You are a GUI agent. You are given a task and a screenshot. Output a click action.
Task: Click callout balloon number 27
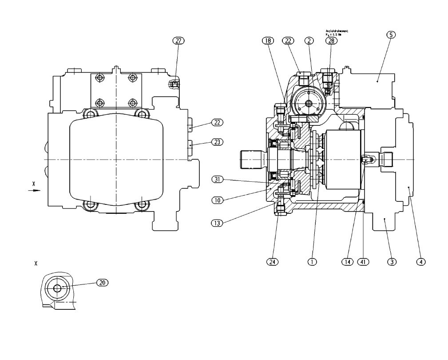pyautogui.click(x=178, y=40)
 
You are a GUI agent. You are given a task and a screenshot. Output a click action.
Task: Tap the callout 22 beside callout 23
pyautogui.click(x=217, y=122)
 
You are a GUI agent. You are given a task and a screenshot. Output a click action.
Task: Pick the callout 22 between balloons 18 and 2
pyautogui.click(x=288, y=40)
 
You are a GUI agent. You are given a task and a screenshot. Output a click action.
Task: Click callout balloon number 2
pyautogui.click(x=309, y=40)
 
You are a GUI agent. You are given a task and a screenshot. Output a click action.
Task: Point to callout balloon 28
pyautogui.click(x=331, y=40)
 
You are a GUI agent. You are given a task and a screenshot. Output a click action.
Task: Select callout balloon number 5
pyautogui.click(x=391, y=35)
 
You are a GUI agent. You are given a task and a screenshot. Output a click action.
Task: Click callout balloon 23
pyautogui.click(x=217, y=142)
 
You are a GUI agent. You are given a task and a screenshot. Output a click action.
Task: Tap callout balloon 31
pyautogui.click(x=218, y=180)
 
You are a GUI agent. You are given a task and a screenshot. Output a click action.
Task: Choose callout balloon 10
pyautogui.click(x=218, y=200)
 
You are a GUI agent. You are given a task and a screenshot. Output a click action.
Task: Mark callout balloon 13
pyautogui.click(x=218, y=223)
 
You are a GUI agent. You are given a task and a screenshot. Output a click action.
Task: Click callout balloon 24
pyautogui.click(x=273, y=262)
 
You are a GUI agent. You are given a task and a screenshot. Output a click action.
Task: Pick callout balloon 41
pyautogui.click(x=365, y=262)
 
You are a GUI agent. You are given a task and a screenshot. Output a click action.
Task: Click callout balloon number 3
pyautogui.click(x=391, y=262)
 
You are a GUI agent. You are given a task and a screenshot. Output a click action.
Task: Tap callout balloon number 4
pyautogui.click(x=420, y=262)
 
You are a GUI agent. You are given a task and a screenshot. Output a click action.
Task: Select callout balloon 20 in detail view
pyautogui.click(x=103, y=282)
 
